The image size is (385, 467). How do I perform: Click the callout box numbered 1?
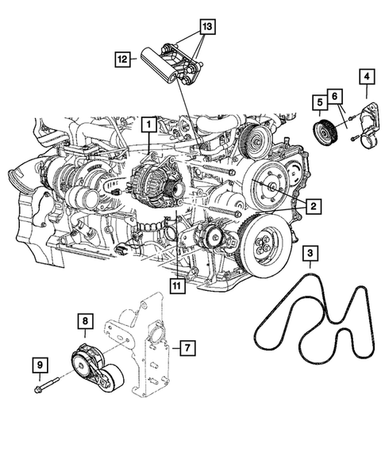147,124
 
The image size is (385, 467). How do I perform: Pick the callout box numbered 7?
185,347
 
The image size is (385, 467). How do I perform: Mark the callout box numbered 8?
84,321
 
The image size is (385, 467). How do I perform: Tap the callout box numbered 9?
40,366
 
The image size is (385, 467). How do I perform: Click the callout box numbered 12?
121,58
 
